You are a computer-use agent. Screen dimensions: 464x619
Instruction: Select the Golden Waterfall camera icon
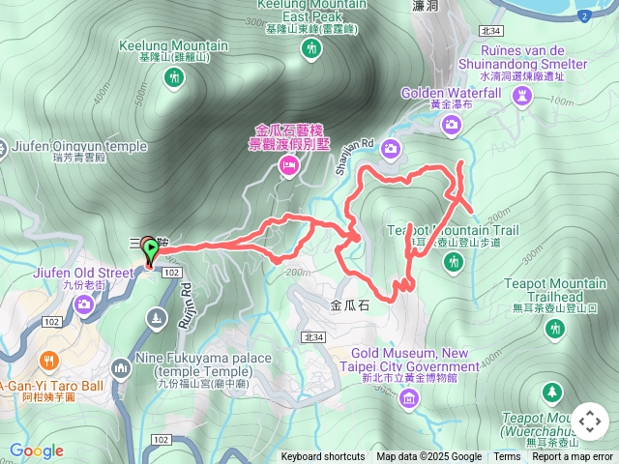452,124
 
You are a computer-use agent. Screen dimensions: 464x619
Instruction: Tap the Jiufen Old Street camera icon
84,304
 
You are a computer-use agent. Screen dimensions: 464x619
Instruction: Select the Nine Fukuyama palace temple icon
121,367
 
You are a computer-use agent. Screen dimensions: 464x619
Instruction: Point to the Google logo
37,450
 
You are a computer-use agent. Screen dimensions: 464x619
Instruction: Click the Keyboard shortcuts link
322,457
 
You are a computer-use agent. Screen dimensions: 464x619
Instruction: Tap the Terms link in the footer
507,457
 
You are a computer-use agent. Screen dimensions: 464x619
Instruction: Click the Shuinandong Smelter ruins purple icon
524,95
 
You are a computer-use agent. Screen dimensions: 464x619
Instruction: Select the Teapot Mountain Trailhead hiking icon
555,330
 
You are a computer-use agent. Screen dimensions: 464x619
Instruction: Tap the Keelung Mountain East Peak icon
310,51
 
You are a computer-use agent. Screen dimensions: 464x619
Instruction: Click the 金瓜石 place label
350,304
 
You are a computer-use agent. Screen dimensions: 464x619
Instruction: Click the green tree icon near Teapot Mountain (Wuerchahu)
551,391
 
